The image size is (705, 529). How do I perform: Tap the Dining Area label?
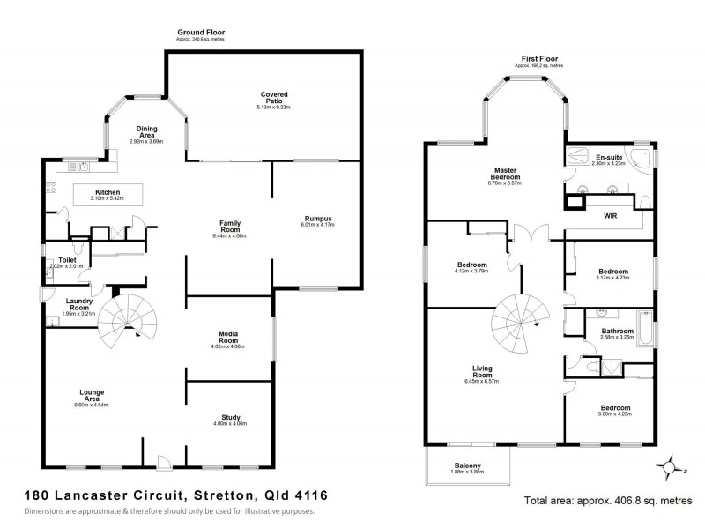[x=146, y=131]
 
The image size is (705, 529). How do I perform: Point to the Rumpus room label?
[x=316, y=219]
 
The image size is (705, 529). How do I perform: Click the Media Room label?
[x=229, y=335]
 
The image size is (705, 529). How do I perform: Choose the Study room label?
[x=231, y=418]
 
